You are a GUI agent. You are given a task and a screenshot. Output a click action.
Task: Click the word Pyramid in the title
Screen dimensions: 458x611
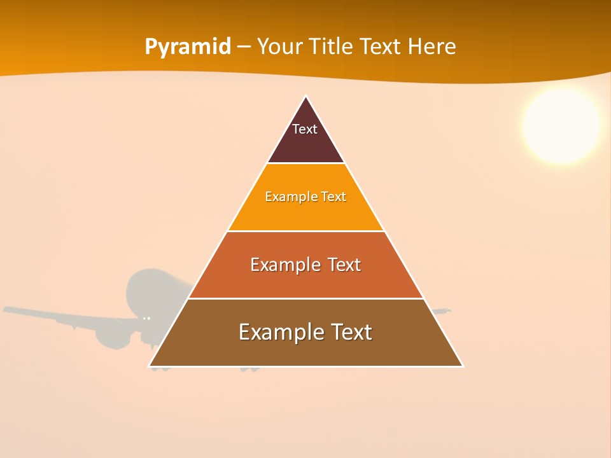(x=188, y=47)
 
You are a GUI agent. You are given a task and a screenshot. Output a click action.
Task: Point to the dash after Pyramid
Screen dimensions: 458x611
(x=244, y=47)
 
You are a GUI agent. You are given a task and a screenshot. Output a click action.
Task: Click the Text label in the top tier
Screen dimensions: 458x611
(x=305, y=129)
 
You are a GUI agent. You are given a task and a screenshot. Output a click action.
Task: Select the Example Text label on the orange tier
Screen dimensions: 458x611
(x=305, y=197)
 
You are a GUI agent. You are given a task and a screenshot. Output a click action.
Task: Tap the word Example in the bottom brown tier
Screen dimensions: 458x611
(x=277, y=332)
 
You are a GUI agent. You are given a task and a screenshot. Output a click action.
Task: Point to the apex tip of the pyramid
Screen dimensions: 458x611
(x=306, y=97)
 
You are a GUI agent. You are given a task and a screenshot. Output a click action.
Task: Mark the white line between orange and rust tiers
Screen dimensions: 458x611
(x=305, y=231)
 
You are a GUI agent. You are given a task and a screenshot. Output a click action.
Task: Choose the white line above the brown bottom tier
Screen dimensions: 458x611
(x=305, y=298)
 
